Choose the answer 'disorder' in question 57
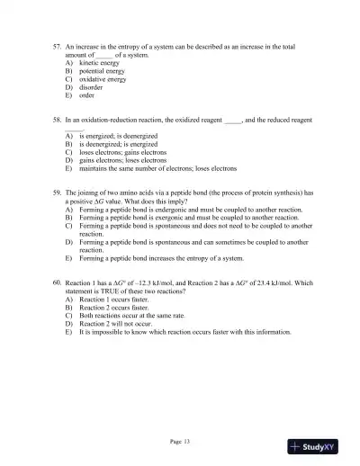93,87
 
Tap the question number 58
58,119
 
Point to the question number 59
58,192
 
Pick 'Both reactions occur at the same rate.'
135,316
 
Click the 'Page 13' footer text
179,441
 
